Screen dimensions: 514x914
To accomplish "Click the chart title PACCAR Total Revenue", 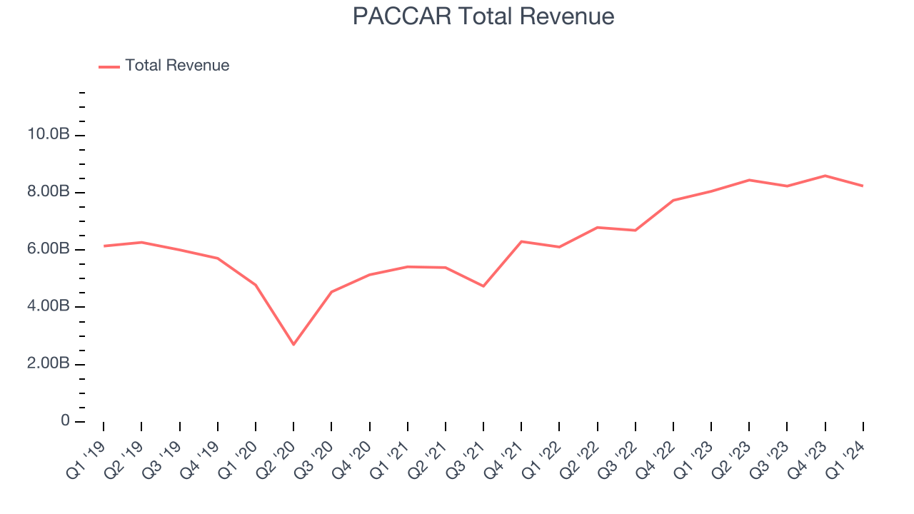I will (483, 16).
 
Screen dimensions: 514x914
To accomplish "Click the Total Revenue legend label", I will (177, 66).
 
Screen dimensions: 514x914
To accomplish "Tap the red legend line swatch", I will (109, 66).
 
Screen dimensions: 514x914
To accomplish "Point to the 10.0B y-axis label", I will (48, 135).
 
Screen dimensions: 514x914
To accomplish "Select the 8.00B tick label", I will (48, 192).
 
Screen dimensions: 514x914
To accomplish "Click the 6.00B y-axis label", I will (48, 249).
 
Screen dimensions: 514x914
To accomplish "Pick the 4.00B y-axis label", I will (48, 306).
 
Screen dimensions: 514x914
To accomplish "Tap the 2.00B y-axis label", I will (48, 363).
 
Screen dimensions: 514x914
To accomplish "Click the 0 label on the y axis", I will (65, 421).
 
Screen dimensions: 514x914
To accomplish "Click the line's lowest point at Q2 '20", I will (293, 344).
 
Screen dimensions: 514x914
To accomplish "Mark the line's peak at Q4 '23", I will (825, 176).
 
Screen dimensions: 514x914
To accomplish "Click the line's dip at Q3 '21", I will (483, 286).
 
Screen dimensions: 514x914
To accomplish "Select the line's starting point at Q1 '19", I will (104, 246).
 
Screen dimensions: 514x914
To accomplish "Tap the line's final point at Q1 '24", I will (863, 186).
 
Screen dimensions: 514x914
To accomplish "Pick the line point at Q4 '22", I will (673, 201).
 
